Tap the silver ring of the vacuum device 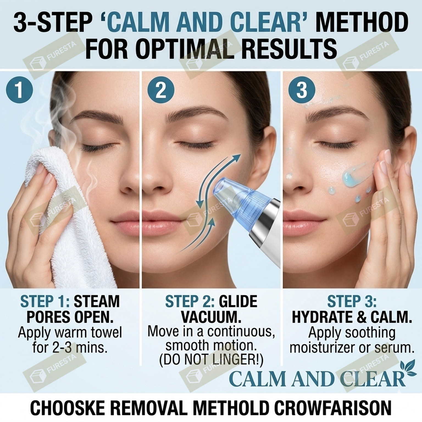click(265, 220)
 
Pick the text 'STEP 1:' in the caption click(45, 301)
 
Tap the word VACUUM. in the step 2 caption click(211, 317)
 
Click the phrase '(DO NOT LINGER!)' click(211, 360)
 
